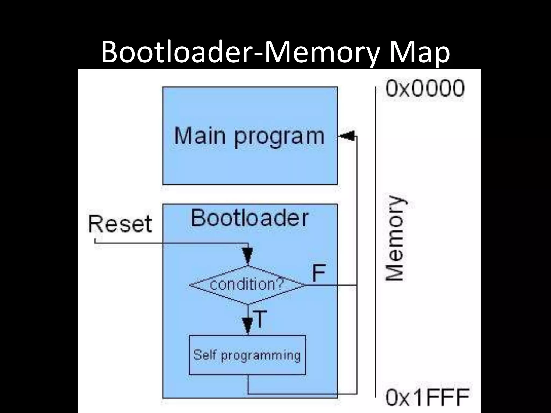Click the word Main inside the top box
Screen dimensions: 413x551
(x=200, y=136)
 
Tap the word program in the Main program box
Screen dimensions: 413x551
(x=279, y=137)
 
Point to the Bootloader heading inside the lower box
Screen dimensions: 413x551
(x=249, y=218)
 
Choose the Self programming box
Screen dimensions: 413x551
(x=247, y=355)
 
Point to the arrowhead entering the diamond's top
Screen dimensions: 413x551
(x=248, y=255)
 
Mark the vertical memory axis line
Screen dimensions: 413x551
(x=375, y=242)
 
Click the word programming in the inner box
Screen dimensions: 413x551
(x=260, y=355)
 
